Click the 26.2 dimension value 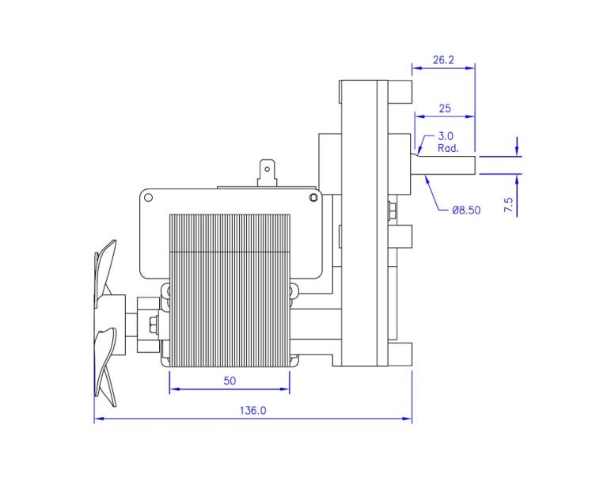(442, 60)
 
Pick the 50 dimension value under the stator (230, 381)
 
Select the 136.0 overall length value (252, 411)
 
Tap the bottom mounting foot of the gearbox (402, 352)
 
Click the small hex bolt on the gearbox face (393, 211)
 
